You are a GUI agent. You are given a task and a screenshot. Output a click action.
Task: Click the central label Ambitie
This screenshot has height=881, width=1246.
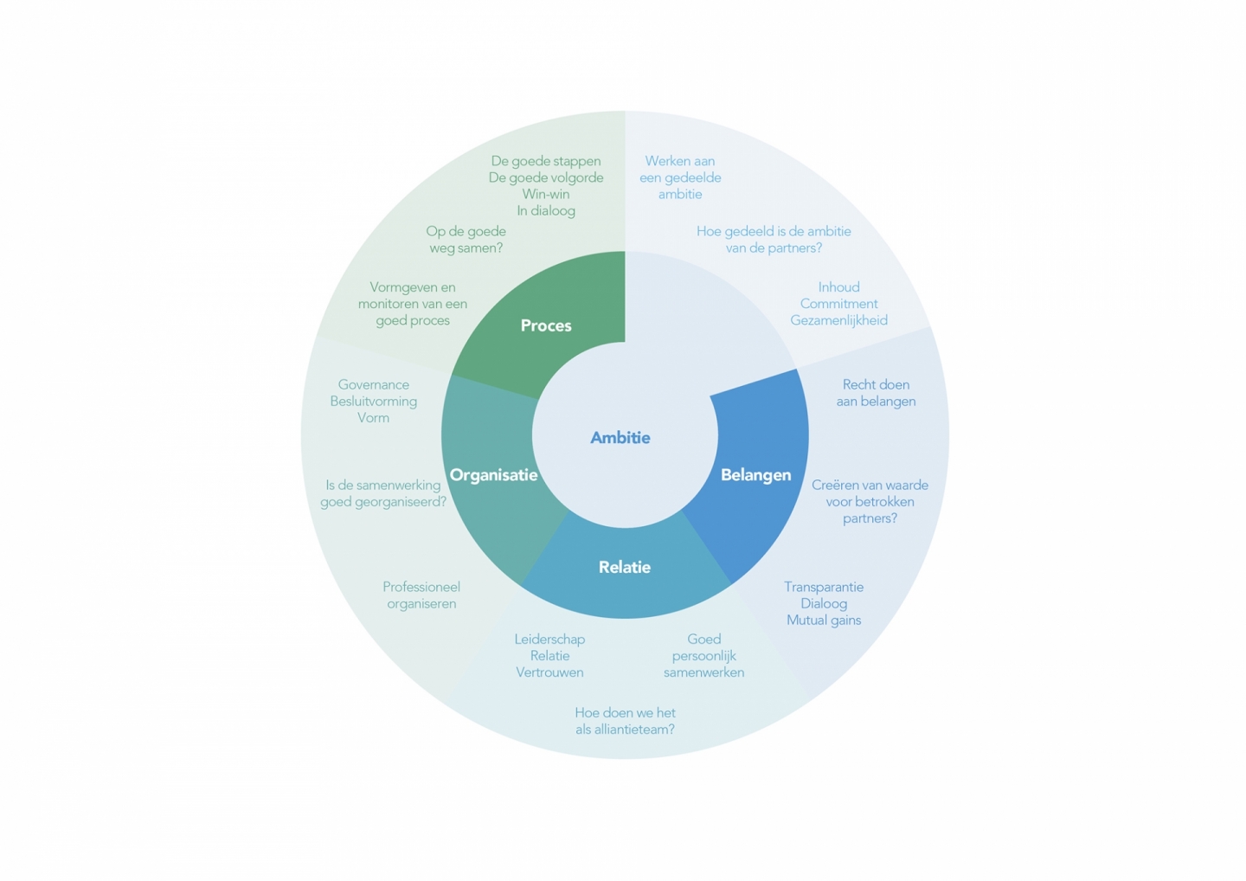coord(620,438)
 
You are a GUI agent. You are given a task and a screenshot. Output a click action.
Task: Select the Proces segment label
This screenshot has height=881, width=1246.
coord(546,325)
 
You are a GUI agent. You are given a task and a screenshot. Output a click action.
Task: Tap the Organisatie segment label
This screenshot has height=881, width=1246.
coord(493,475)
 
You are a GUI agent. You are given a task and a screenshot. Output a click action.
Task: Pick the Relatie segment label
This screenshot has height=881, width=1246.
coord(624,568)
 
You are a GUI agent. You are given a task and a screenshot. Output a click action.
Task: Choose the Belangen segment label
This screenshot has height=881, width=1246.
coord(755,475)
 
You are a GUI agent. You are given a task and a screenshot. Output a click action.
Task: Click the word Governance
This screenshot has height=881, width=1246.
coord(374,385)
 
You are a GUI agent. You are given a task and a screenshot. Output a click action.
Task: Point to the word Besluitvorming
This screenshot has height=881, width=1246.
coord(374,402)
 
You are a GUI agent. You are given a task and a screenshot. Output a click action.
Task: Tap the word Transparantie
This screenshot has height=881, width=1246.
coord(824,588)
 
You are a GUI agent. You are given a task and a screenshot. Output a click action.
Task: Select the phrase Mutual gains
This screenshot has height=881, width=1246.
coord(824,621)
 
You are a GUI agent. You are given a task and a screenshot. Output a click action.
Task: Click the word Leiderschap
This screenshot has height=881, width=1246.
coord(549,640)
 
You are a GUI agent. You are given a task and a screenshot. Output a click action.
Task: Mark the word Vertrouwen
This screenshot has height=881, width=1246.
coord(549,672)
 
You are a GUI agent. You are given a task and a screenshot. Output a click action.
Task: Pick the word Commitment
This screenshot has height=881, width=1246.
coord(838,304)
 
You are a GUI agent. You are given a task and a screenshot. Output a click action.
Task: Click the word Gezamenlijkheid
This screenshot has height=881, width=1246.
coord(838,320)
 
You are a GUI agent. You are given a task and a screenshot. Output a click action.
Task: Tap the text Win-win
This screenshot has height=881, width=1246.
coord(546,195)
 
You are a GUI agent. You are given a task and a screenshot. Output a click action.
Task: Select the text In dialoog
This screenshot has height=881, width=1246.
coord(546,211)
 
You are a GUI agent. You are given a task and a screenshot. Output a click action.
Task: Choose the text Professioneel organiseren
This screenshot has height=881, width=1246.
coord(421,595)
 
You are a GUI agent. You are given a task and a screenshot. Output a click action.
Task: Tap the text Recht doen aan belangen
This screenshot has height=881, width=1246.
coord(876,393)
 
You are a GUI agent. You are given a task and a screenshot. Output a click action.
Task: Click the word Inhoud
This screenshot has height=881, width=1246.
coord(838,287)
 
